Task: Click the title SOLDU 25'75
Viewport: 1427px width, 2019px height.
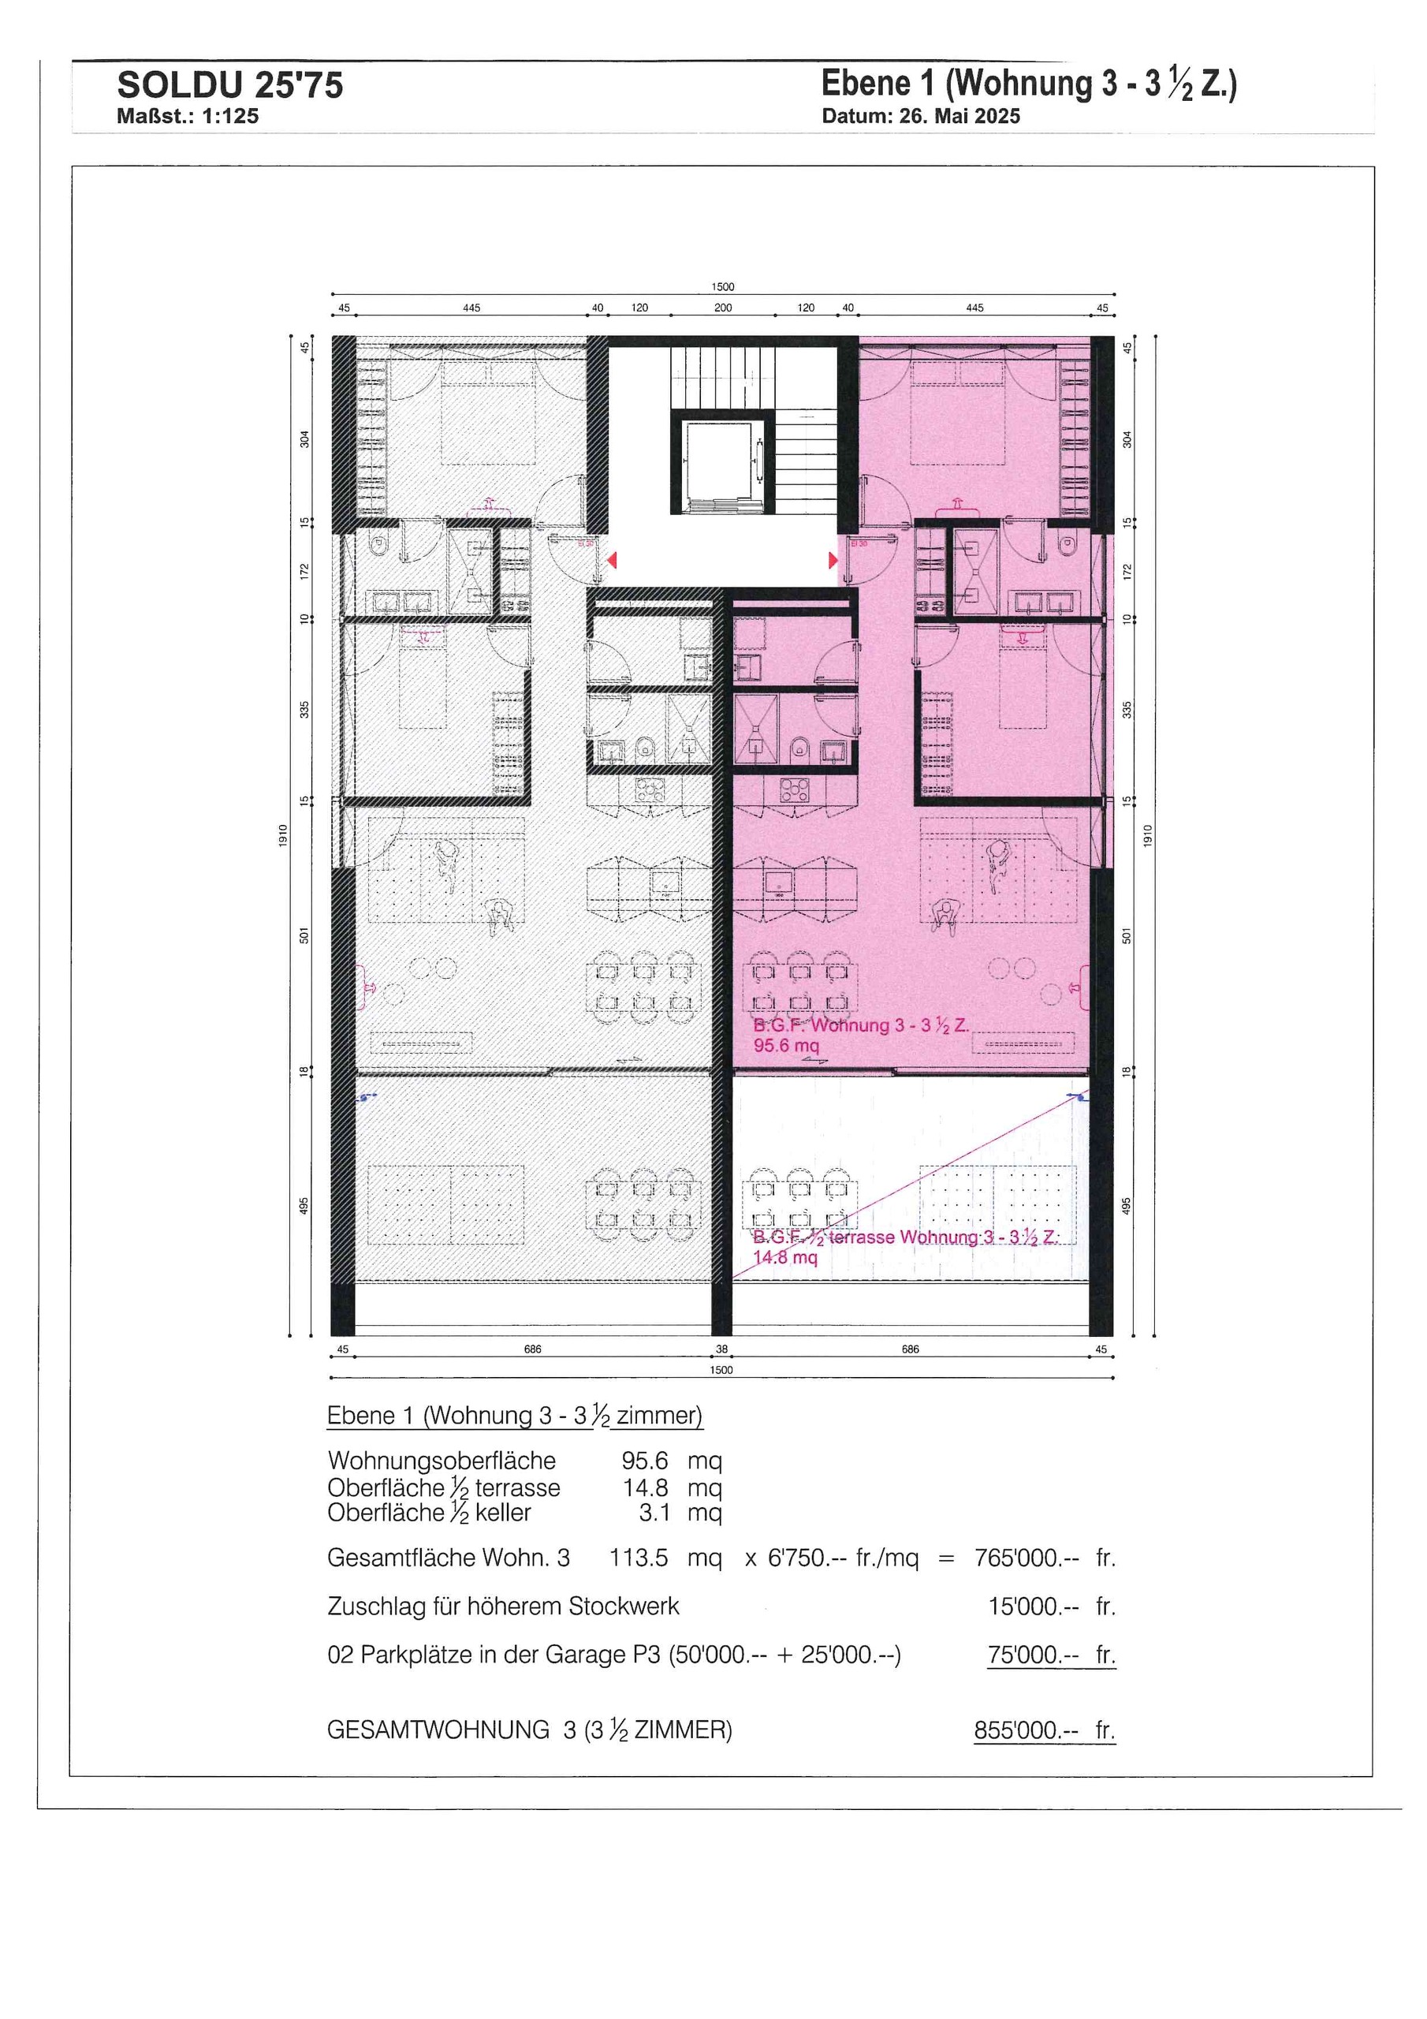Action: click(x=229, y=86)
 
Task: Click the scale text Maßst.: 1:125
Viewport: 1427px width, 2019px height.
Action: click(x=188, y=117)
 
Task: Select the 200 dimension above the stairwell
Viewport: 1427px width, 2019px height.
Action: click(x=723, y=308)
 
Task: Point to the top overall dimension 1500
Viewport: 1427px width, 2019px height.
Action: click(x=723, y=286)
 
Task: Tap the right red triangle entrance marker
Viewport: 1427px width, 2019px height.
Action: click(x=833, y=560)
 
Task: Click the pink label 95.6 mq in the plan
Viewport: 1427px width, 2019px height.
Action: click(x=786, y=1047)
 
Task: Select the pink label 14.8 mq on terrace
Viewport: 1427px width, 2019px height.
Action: click(x=785, y=1257)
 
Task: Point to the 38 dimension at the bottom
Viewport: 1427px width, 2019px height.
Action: click(x=722, y=1349)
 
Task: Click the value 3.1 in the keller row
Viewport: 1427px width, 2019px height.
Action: click(x=655, y=1513)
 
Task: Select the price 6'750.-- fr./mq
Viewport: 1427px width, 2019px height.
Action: click(x=842, y=1558)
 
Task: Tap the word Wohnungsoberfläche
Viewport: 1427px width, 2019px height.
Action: click(x=442, y=1461)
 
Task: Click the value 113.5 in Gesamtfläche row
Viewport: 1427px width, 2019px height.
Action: click(x=639, y=1558)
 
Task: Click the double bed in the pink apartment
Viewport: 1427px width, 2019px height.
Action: click(x=957, y=413)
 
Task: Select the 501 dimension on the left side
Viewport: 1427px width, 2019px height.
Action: click(x=305, y=935)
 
